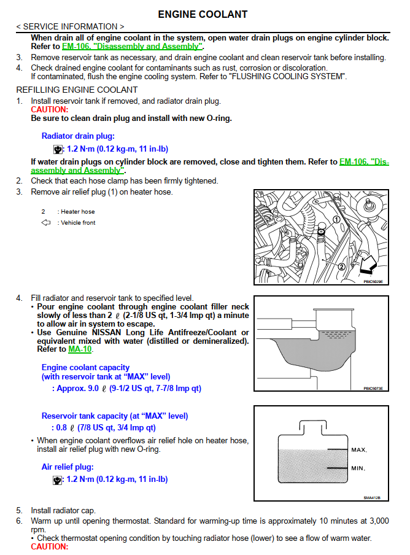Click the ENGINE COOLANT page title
[203, 14]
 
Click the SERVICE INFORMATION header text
[70, 26]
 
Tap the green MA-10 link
[80, 349]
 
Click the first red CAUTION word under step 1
[49, 109]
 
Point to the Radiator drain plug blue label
[78, 136]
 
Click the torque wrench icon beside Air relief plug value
[58, 480]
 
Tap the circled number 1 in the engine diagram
[336, 219]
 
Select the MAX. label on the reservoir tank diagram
[358, 450]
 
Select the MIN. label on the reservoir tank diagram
[358, 468]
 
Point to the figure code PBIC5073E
[372, 389]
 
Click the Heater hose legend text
[76, 212]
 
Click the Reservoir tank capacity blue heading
[115, 416]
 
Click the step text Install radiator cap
[63, 510]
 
